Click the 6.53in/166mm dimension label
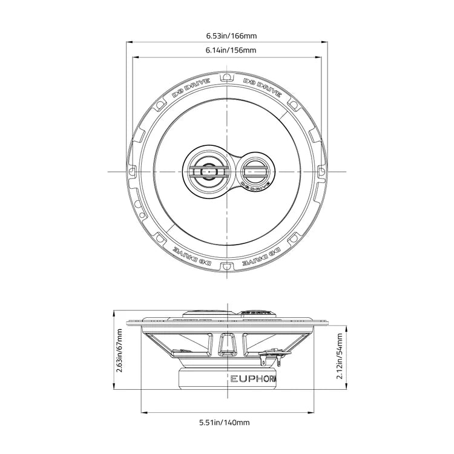pos(226,35)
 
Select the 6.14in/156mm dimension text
pos(226,50)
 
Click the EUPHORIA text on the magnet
pos(254,380)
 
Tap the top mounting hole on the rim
pos(226,77)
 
